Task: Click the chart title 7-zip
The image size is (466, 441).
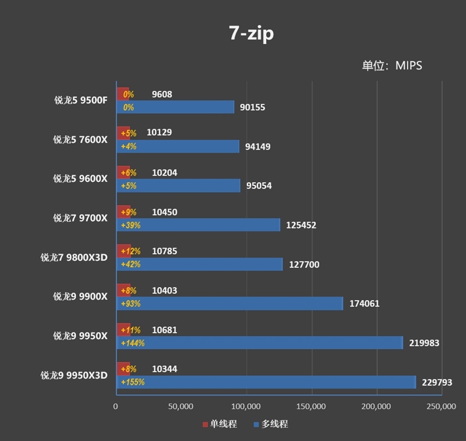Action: tap(251, 33)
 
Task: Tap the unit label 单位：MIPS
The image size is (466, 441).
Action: tap(391, 66)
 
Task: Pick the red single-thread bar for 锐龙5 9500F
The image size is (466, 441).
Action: tap(123, 94)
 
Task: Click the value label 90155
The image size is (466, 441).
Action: tap(256, 107)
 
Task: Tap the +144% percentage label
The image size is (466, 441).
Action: tap(132, 343)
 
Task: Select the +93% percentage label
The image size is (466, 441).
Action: tap(130, 304)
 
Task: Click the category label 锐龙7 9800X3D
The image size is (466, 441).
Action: tap(74, 257)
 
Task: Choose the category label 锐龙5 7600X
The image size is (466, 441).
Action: tap(80, 139)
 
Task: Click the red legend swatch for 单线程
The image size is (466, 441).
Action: tap(205, 424)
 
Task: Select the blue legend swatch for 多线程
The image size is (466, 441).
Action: tap(256, 424)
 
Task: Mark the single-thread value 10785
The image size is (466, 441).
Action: tap(164, 252)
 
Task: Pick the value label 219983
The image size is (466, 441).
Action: tap(423, 343)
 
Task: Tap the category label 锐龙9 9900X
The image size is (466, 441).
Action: tap(80, 297)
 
